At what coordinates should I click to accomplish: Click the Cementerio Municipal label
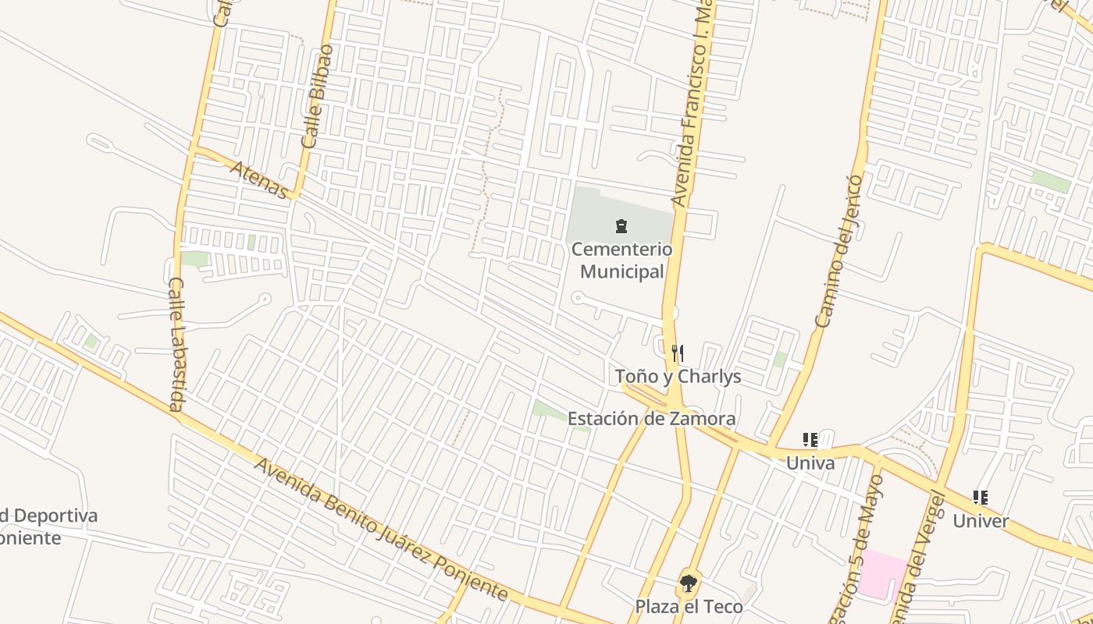click(x=621, y=261)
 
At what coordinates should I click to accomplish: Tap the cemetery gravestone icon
click(x=621, y=227)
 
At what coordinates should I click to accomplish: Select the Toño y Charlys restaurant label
click(x=678, y=377)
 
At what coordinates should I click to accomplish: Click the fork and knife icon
click(x=678, y=353)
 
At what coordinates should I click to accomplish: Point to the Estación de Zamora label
click(x=651, y=419)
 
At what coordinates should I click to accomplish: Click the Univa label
click(x=810, y=463)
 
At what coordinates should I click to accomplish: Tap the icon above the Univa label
click(x=810, y=440)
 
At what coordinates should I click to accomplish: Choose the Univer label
click(x=981, y=521)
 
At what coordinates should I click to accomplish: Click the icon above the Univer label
click(x=981, y=498)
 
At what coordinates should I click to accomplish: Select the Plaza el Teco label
click(x=689, y=606)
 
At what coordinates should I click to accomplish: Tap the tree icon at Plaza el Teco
click(x=688, y=583)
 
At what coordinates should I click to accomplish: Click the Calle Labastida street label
click(x=176, y=343)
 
